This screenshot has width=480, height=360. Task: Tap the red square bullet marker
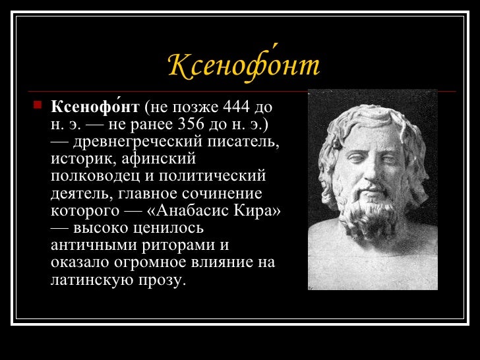[38, 105]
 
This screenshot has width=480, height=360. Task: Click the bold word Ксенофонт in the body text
[96, 107]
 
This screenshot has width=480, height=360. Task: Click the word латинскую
[92, 280]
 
